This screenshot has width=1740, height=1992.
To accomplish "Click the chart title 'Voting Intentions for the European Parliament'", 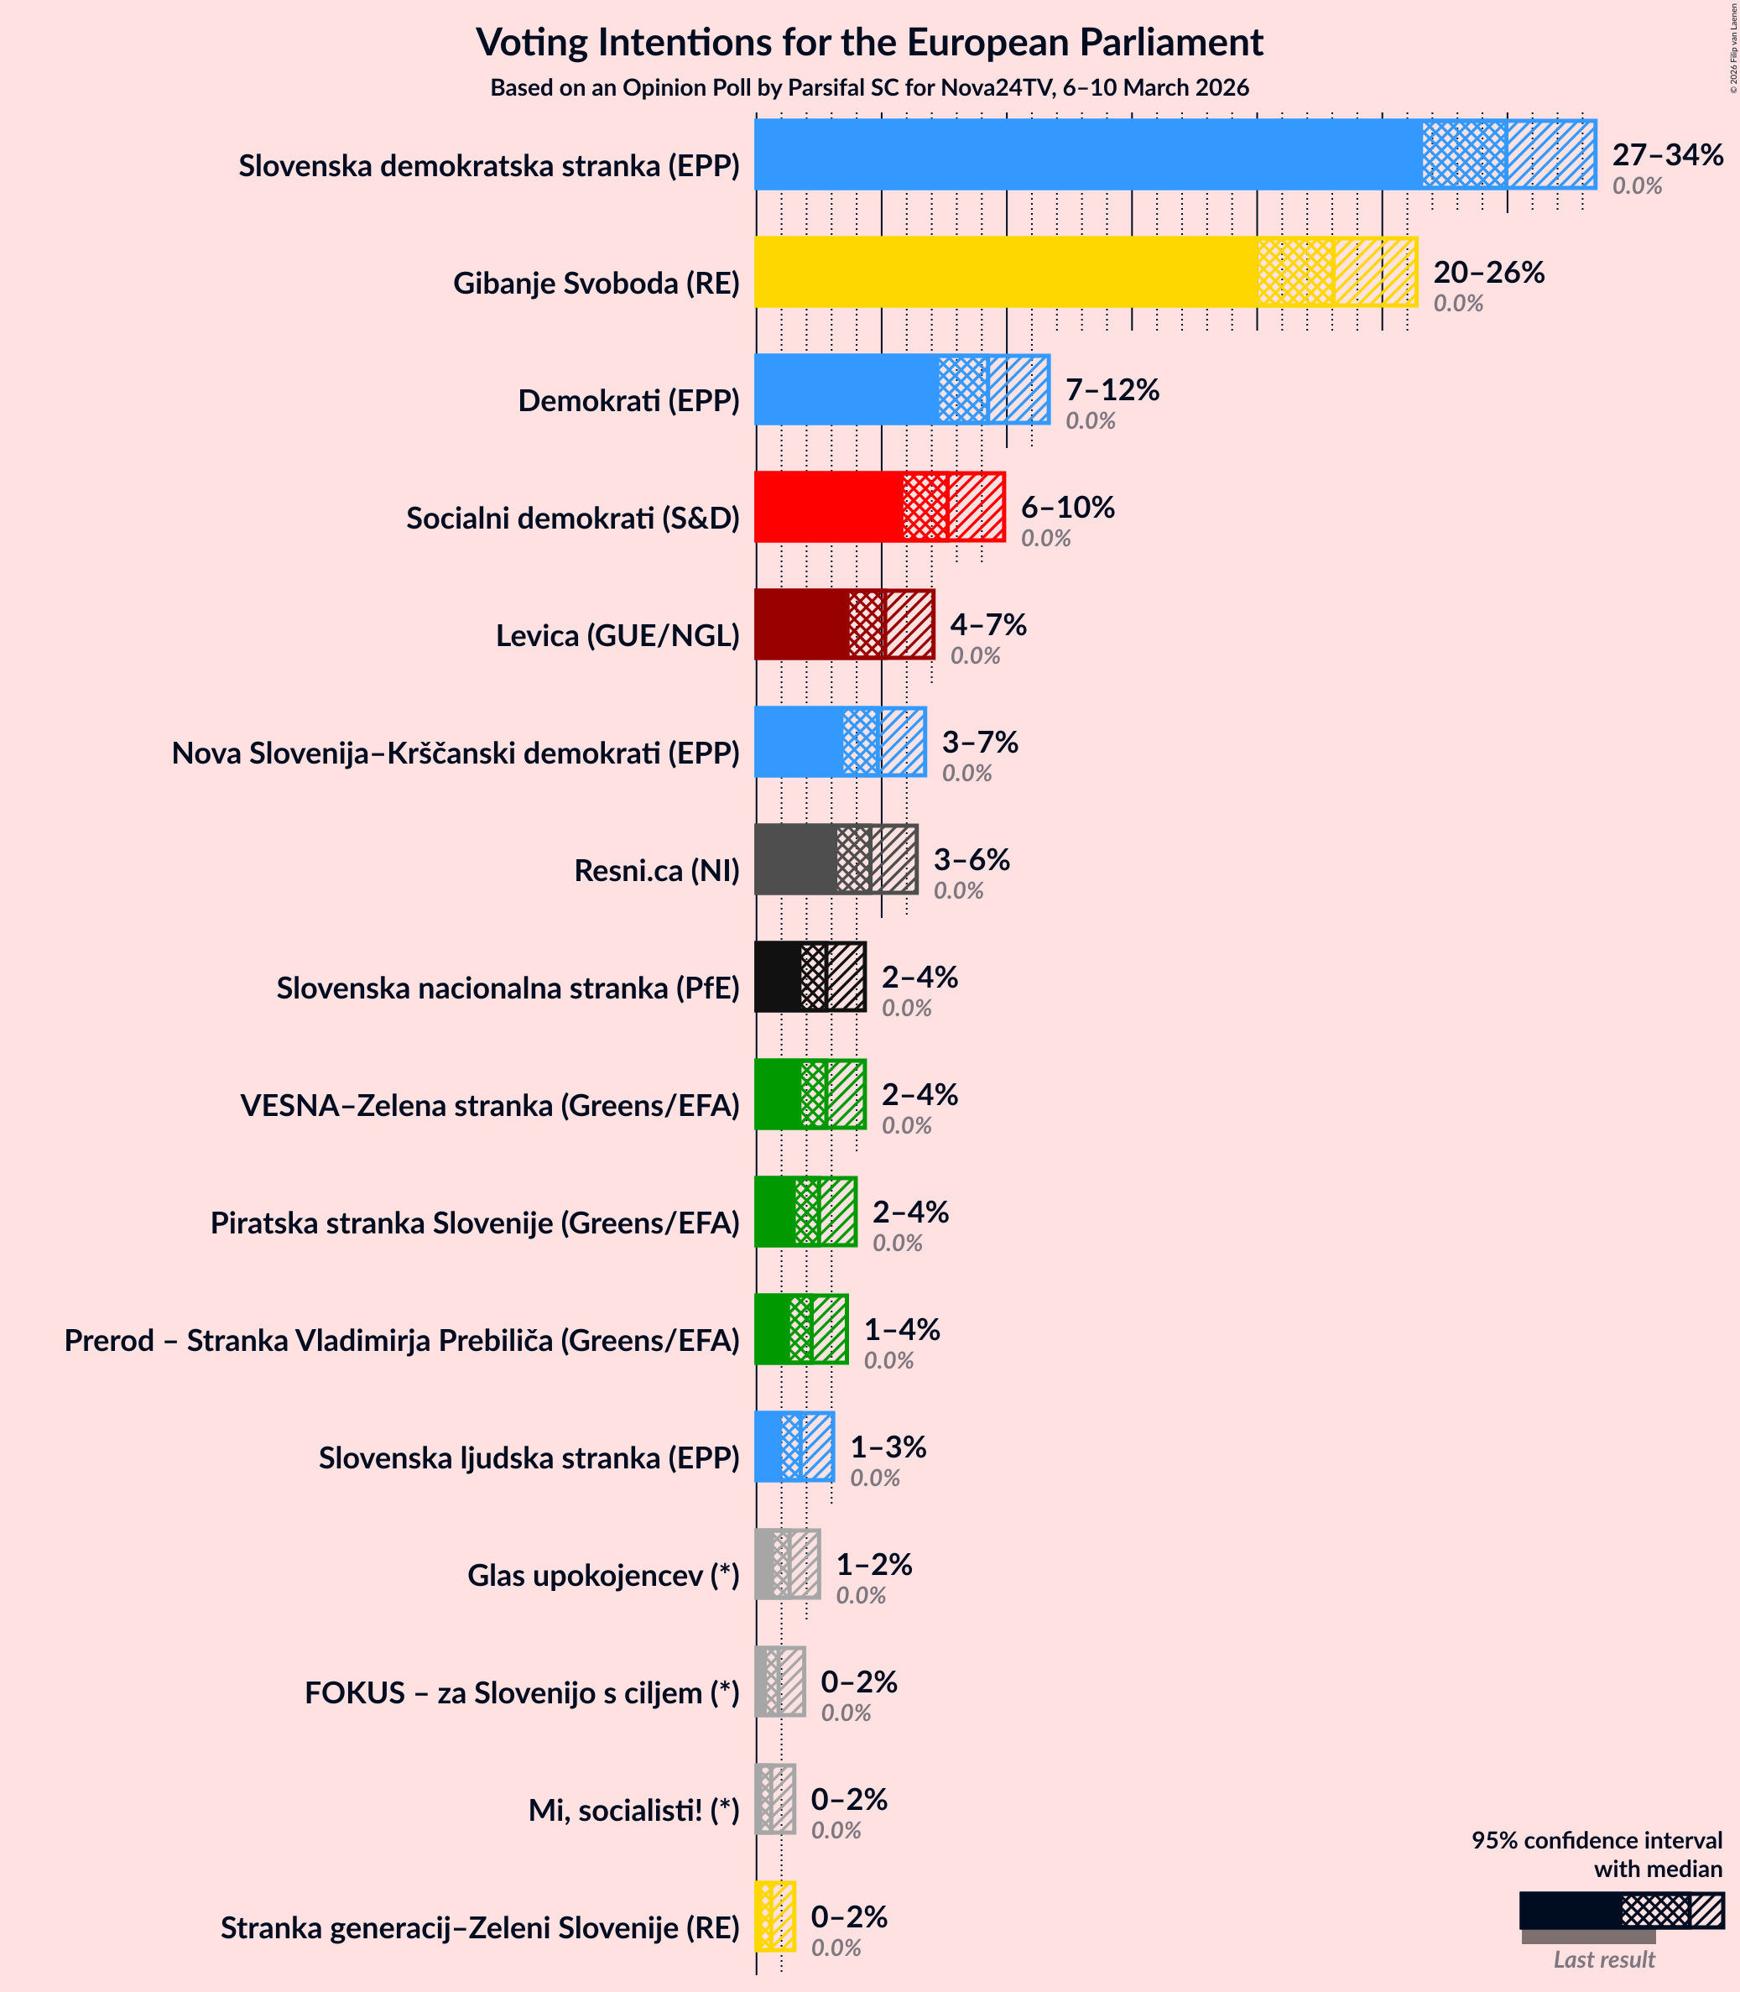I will tap(869, 43).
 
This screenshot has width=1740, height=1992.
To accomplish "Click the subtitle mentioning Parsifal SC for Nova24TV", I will tap(869, 87).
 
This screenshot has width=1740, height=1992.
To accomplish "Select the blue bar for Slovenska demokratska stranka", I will tap(1087, 154).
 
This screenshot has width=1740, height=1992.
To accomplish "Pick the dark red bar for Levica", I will tap(801, 624).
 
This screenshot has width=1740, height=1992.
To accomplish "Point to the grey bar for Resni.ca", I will tap(795, 859).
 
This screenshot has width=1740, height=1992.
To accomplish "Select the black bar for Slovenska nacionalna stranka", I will tap(778, 977).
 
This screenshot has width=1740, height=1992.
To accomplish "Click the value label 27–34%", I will tap(1667, 154).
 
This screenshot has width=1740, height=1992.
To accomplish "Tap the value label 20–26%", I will tap(1488, 272).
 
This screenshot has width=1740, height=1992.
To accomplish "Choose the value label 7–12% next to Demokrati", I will tap(1112, 389).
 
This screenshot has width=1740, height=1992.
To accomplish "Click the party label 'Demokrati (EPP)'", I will tap(628, 400).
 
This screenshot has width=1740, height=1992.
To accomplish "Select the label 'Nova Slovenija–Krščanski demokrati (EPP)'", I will tap(456, 753).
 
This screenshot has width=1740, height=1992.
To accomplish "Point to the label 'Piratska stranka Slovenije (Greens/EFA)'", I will tap(475, 1223).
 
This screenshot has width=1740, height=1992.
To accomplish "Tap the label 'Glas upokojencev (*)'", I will tap(603, 1575).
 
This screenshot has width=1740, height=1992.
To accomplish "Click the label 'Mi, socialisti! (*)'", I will tap(633, 1811).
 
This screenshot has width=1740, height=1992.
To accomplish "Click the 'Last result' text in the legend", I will tap(1603, 1959).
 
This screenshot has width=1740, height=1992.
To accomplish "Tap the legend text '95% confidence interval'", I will tap(1597, 1840).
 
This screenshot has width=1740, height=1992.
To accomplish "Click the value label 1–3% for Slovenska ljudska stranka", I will tap(888, 1447).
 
